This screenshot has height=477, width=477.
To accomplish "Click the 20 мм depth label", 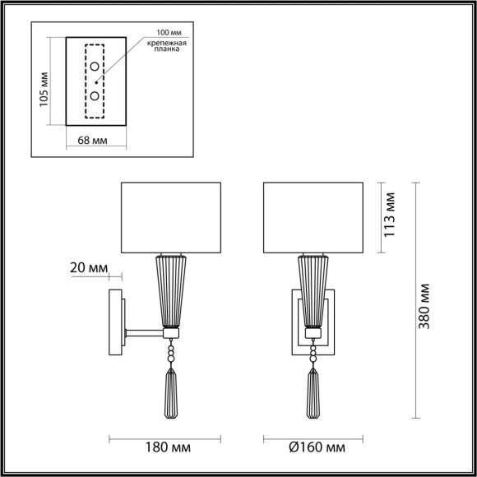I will pos(89,268).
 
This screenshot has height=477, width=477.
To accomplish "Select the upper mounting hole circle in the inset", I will pos(95,67).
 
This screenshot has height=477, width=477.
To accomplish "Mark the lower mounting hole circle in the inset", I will pos(95,96).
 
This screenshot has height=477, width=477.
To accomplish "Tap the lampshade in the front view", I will pos(312,213).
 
